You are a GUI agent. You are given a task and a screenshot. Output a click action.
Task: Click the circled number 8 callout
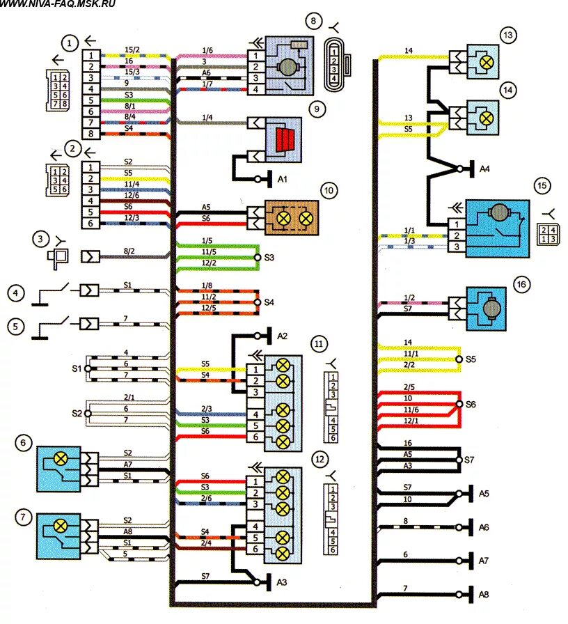315,22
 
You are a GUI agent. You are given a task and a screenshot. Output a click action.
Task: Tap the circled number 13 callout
508,35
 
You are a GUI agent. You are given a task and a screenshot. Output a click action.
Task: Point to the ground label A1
283,179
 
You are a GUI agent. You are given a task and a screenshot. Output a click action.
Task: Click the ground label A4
484,168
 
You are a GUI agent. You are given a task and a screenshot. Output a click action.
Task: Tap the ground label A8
484,593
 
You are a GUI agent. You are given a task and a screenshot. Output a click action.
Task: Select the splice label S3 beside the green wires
269,257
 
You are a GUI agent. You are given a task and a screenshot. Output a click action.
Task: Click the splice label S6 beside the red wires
471,403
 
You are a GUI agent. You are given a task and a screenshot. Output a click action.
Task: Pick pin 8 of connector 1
90,134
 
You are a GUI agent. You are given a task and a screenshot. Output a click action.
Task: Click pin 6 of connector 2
90,223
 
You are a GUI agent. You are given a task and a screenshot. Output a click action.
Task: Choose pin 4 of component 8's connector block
256,91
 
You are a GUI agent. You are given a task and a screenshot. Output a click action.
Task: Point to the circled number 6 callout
25,443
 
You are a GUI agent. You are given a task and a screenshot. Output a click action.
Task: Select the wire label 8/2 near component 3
129,251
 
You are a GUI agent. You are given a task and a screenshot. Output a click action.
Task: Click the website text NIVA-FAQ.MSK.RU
58,4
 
